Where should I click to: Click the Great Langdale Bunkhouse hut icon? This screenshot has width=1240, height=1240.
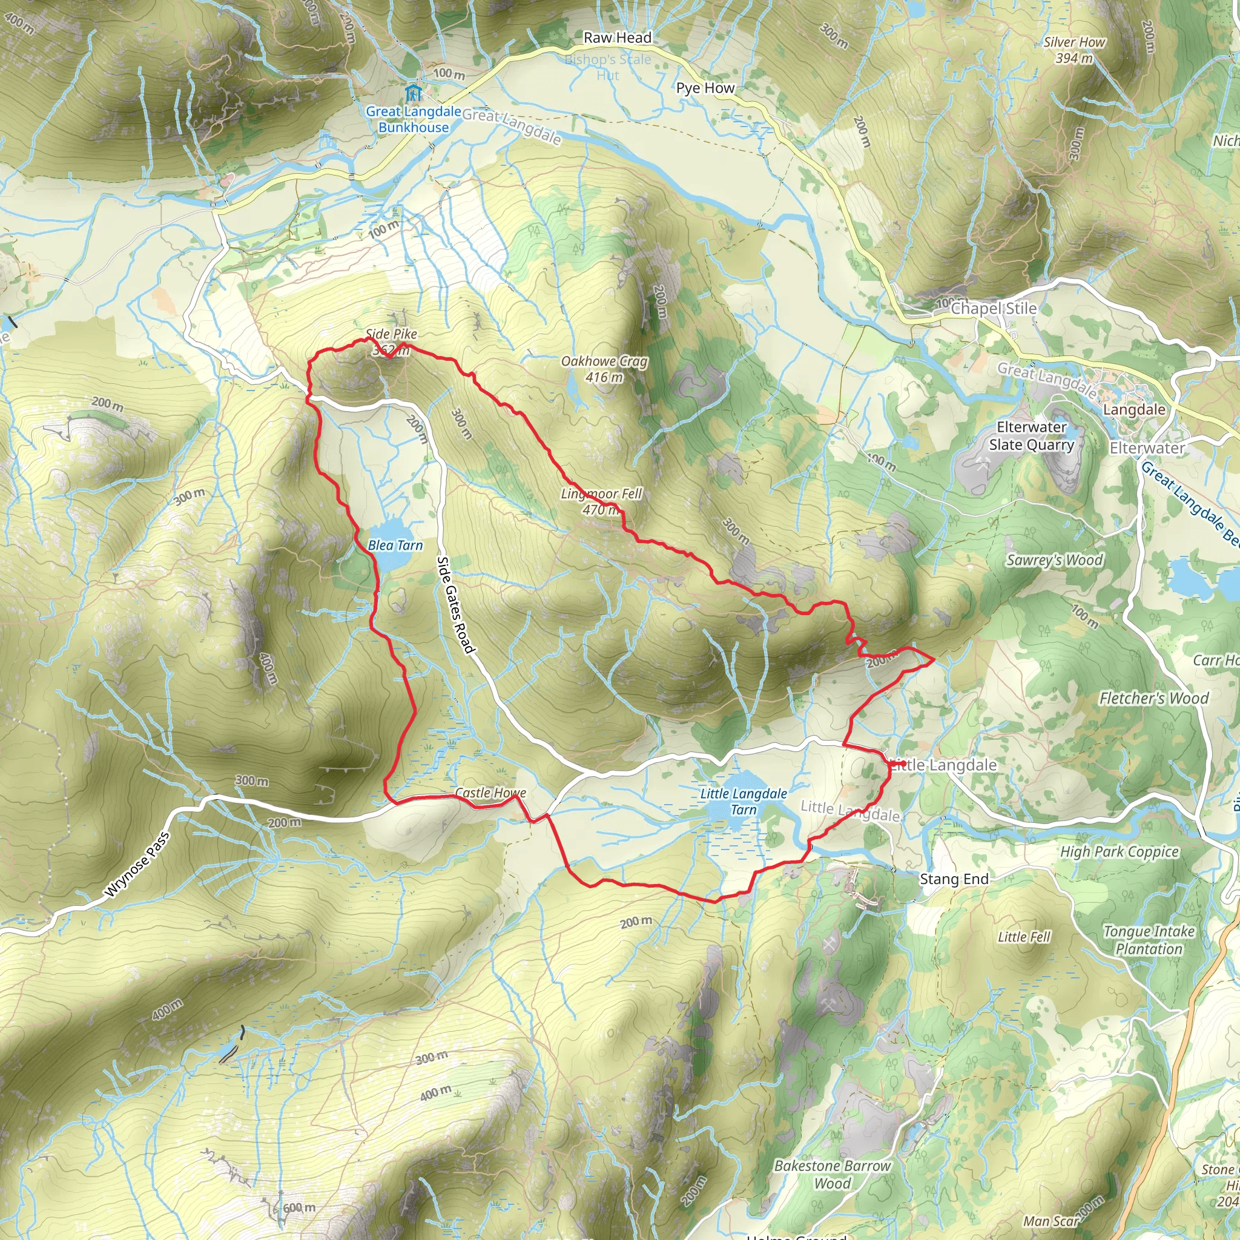[x=414, y=93]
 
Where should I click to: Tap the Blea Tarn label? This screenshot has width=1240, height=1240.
[x=395, y=546]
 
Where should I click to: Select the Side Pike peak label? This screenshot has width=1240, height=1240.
[x=391, y=334]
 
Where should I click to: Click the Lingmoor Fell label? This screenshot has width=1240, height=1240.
[x=601, y=501]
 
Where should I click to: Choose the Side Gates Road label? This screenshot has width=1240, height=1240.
[x=455, y=605]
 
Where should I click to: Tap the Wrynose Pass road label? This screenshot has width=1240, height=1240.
[x=137, y=863]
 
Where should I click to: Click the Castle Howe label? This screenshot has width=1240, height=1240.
[x=490, y=793]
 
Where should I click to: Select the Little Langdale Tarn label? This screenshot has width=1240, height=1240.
[x=744, y=802]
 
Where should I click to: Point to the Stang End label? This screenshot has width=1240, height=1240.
[x=954, y=879]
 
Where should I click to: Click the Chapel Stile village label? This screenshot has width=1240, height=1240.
[x=994, y=308]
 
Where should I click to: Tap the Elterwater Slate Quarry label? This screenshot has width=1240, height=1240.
[x=1031, y=436]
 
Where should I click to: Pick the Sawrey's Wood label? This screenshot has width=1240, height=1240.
[x=1055, y=560]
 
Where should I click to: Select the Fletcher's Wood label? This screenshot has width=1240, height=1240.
[x=1154, y=697]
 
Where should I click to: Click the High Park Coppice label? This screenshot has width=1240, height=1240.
[x=1120, y=852]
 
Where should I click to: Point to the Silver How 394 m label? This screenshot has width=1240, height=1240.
[x=1075, y=50]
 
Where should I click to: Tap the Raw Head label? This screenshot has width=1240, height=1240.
[x=618, y=38]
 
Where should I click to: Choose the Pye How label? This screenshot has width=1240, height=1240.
[x=705, y=88]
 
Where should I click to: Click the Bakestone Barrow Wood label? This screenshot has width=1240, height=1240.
[x=833, y=1175]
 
